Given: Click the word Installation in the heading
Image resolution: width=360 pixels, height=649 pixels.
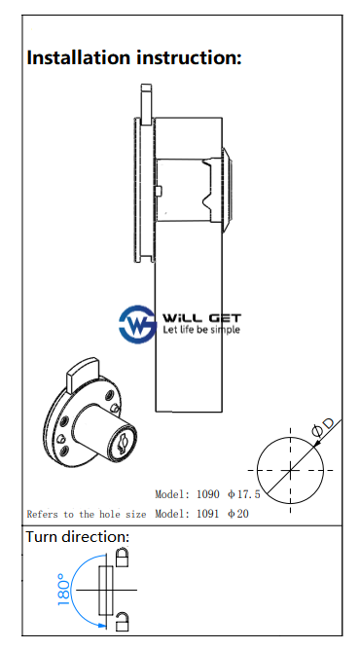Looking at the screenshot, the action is pyautogui.click(x=79, y=57).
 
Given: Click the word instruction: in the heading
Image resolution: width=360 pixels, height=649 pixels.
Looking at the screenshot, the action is pyautogui.click(x=189, y=57).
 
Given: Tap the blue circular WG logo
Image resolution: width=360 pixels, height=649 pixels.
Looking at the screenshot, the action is pyautogui.click(x=137, y=324).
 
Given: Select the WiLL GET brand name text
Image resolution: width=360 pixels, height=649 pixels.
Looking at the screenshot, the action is pyautogui.click(x=201, y=318).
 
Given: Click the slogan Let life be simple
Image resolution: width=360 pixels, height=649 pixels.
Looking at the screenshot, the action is pyautogui.click(x=201, y=330).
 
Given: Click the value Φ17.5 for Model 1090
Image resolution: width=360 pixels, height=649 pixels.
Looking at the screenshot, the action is pyautogui.click(x=244, y=494).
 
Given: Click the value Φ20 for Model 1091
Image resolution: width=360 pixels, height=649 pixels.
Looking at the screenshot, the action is pyautogui.click(x=238, y=514).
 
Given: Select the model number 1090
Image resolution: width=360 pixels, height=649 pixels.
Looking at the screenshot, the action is pyautogui.click(x=207, y=494).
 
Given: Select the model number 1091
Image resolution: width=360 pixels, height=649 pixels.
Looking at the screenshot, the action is pyautogui.click(x=207, y=514).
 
